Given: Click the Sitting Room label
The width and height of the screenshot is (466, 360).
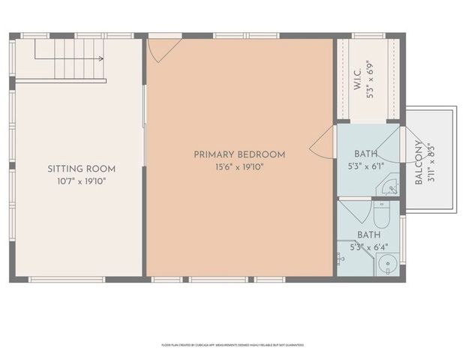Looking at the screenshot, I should pyautogui.click(x=81, y=169).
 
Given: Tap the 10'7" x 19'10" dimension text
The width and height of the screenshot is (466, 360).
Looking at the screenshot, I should pyautogui.click(x=81, y=181).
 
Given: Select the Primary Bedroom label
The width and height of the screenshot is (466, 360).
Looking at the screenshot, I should pyautogui.click(x=239, y=154).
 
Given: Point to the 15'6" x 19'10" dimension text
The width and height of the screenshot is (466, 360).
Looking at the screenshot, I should pyautogui.click(x=239, y=166).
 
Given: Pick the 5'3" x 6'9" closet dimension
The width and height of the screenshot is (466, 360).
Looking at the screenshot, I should pyautogui.click(x=369, y=79).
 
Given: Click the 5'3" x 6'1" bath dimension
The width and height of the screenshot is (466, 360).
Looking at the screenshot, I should pyautogui.click(x=366, y=166).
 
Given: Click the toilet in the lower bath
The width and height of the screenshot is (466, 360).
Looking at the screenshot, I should pyautogui.click(x=380, y=216).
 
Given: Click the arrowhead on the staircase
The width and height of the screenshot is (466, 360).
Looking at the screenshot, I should pyautogui.click(x=101, y=56).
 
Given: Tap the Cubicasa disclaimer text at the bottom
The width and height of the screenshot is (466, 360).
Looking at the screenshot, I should pyautogui.click(x=233, y=345).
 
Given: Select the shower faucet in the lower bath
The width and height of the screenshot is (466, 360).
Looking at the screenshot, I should pyautogui.click(x=341, y=257).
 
